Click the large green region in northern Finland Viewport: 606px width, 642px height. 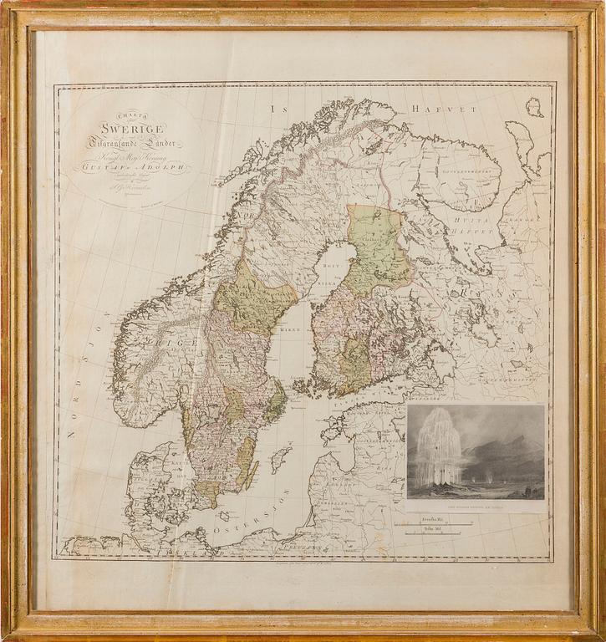(379, 247)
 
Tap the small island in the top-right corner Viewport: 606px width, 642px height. (533, 107)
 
